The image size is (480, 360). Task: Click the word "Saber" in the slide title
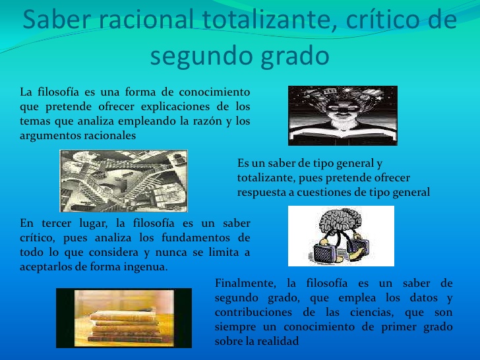[57, 19]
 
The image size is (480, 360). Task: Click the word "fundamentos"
[196, 238]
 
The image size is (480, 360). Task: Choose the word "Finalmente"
[245, 283]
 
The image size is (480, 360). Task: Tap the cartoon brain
[341, 224]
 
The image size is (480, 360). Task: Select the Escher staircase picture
[124, 181]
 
